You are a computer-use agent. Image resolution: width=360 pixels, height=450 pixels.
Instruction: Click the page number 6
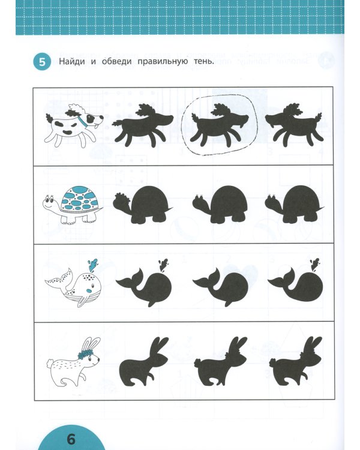(71, 439)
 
